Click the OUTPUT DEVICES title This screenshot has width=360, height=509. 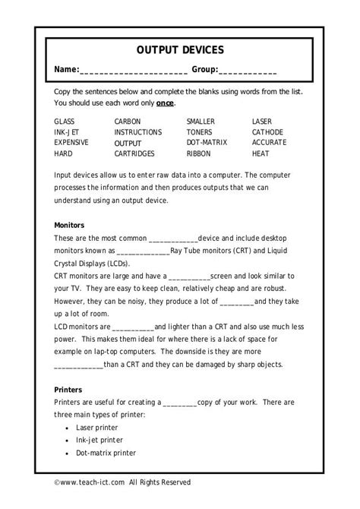click(x=180, y=50)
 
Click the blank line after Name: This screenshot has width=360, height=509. click(x=134, y=71)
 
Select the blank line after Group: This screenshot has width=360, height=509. click(x=248, y=71)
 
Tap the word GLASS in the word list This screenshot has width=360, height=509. click(x=65, y=122)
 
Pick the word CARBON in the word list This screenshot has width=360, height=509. click(x=128, y=122)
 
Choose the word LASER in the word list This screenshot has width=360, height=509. click(x=263, y=122)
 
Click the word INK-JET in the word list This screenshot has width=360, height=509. click(x=67, y=132)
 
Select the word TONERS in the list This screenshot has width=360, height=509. click(x=200, y=132)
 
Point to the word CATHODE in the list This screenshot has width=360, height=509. click(x=268, y=132)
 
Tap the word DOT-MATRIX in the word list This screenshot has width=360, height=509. click(x=207, y=143)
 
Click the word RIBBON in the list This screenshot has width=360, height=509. click(x=200, y=153)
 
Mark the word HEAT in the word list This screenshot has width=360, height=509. click(x=261, y=153)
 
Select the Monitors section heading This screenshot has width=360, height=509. click(x=70, y=226)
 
